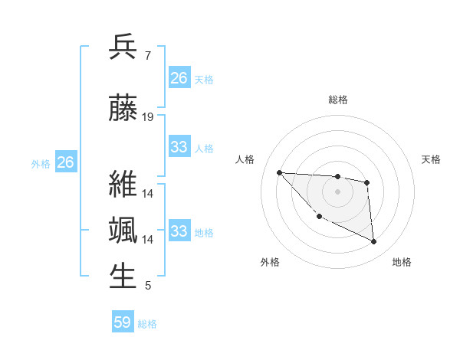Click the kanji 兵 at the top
123,47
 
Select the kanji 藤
123,109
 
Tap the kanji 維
123,185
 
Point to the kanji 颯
123,231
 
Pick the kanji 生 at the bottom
123,277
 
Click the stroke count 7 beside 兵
147,56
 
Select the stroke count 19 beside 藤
148,117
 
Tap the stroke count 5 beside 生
147,286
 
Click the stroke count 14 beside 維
148,194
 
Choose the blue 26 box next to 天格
179,78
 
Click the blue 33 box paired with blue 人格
179,147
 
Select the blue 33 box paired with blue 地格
179,231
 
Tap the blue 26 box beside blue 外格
66,162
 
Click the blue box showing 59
123,322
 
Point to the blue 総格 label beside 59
147,324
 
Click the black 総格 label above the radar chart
337,100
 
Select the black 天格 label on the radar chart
432,159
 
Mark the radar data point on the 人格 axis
279,172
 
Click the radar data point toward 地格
373,241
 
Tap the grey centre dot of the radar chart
337,191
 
